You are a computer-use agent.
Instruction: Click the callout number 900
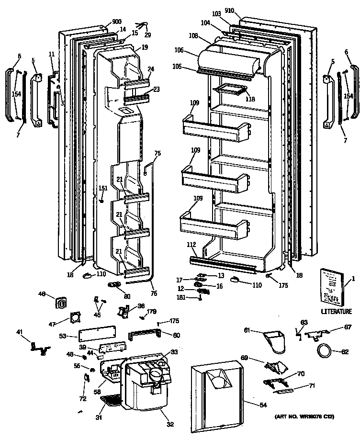click(116, 22)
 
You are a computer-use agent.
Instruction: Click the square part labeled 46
click(61, 303)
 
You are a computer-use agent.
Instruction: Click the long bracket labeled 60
click(146, 333)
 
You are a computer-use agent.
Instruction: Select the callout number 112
click(191, 245)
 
